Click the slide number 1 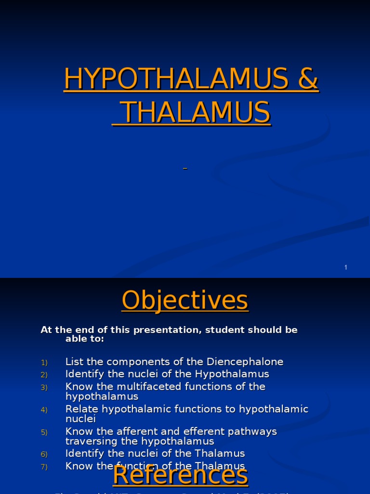[x=346, y=267]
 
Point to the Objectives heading [x=185, y=300]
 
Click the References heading [x=180, y=475]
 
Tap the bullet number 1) [x=44, y=362]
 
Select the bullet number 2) [x=44, y=375]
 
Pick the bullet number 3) [x=44, y=387]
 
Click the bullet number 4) [x=44, y=410]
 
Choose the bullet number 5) [x=44, y=432]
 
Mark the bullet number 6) [x=44, y=454]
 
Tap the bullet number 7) [x=44, y=467]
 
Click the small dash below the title [x=185, y=168]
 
